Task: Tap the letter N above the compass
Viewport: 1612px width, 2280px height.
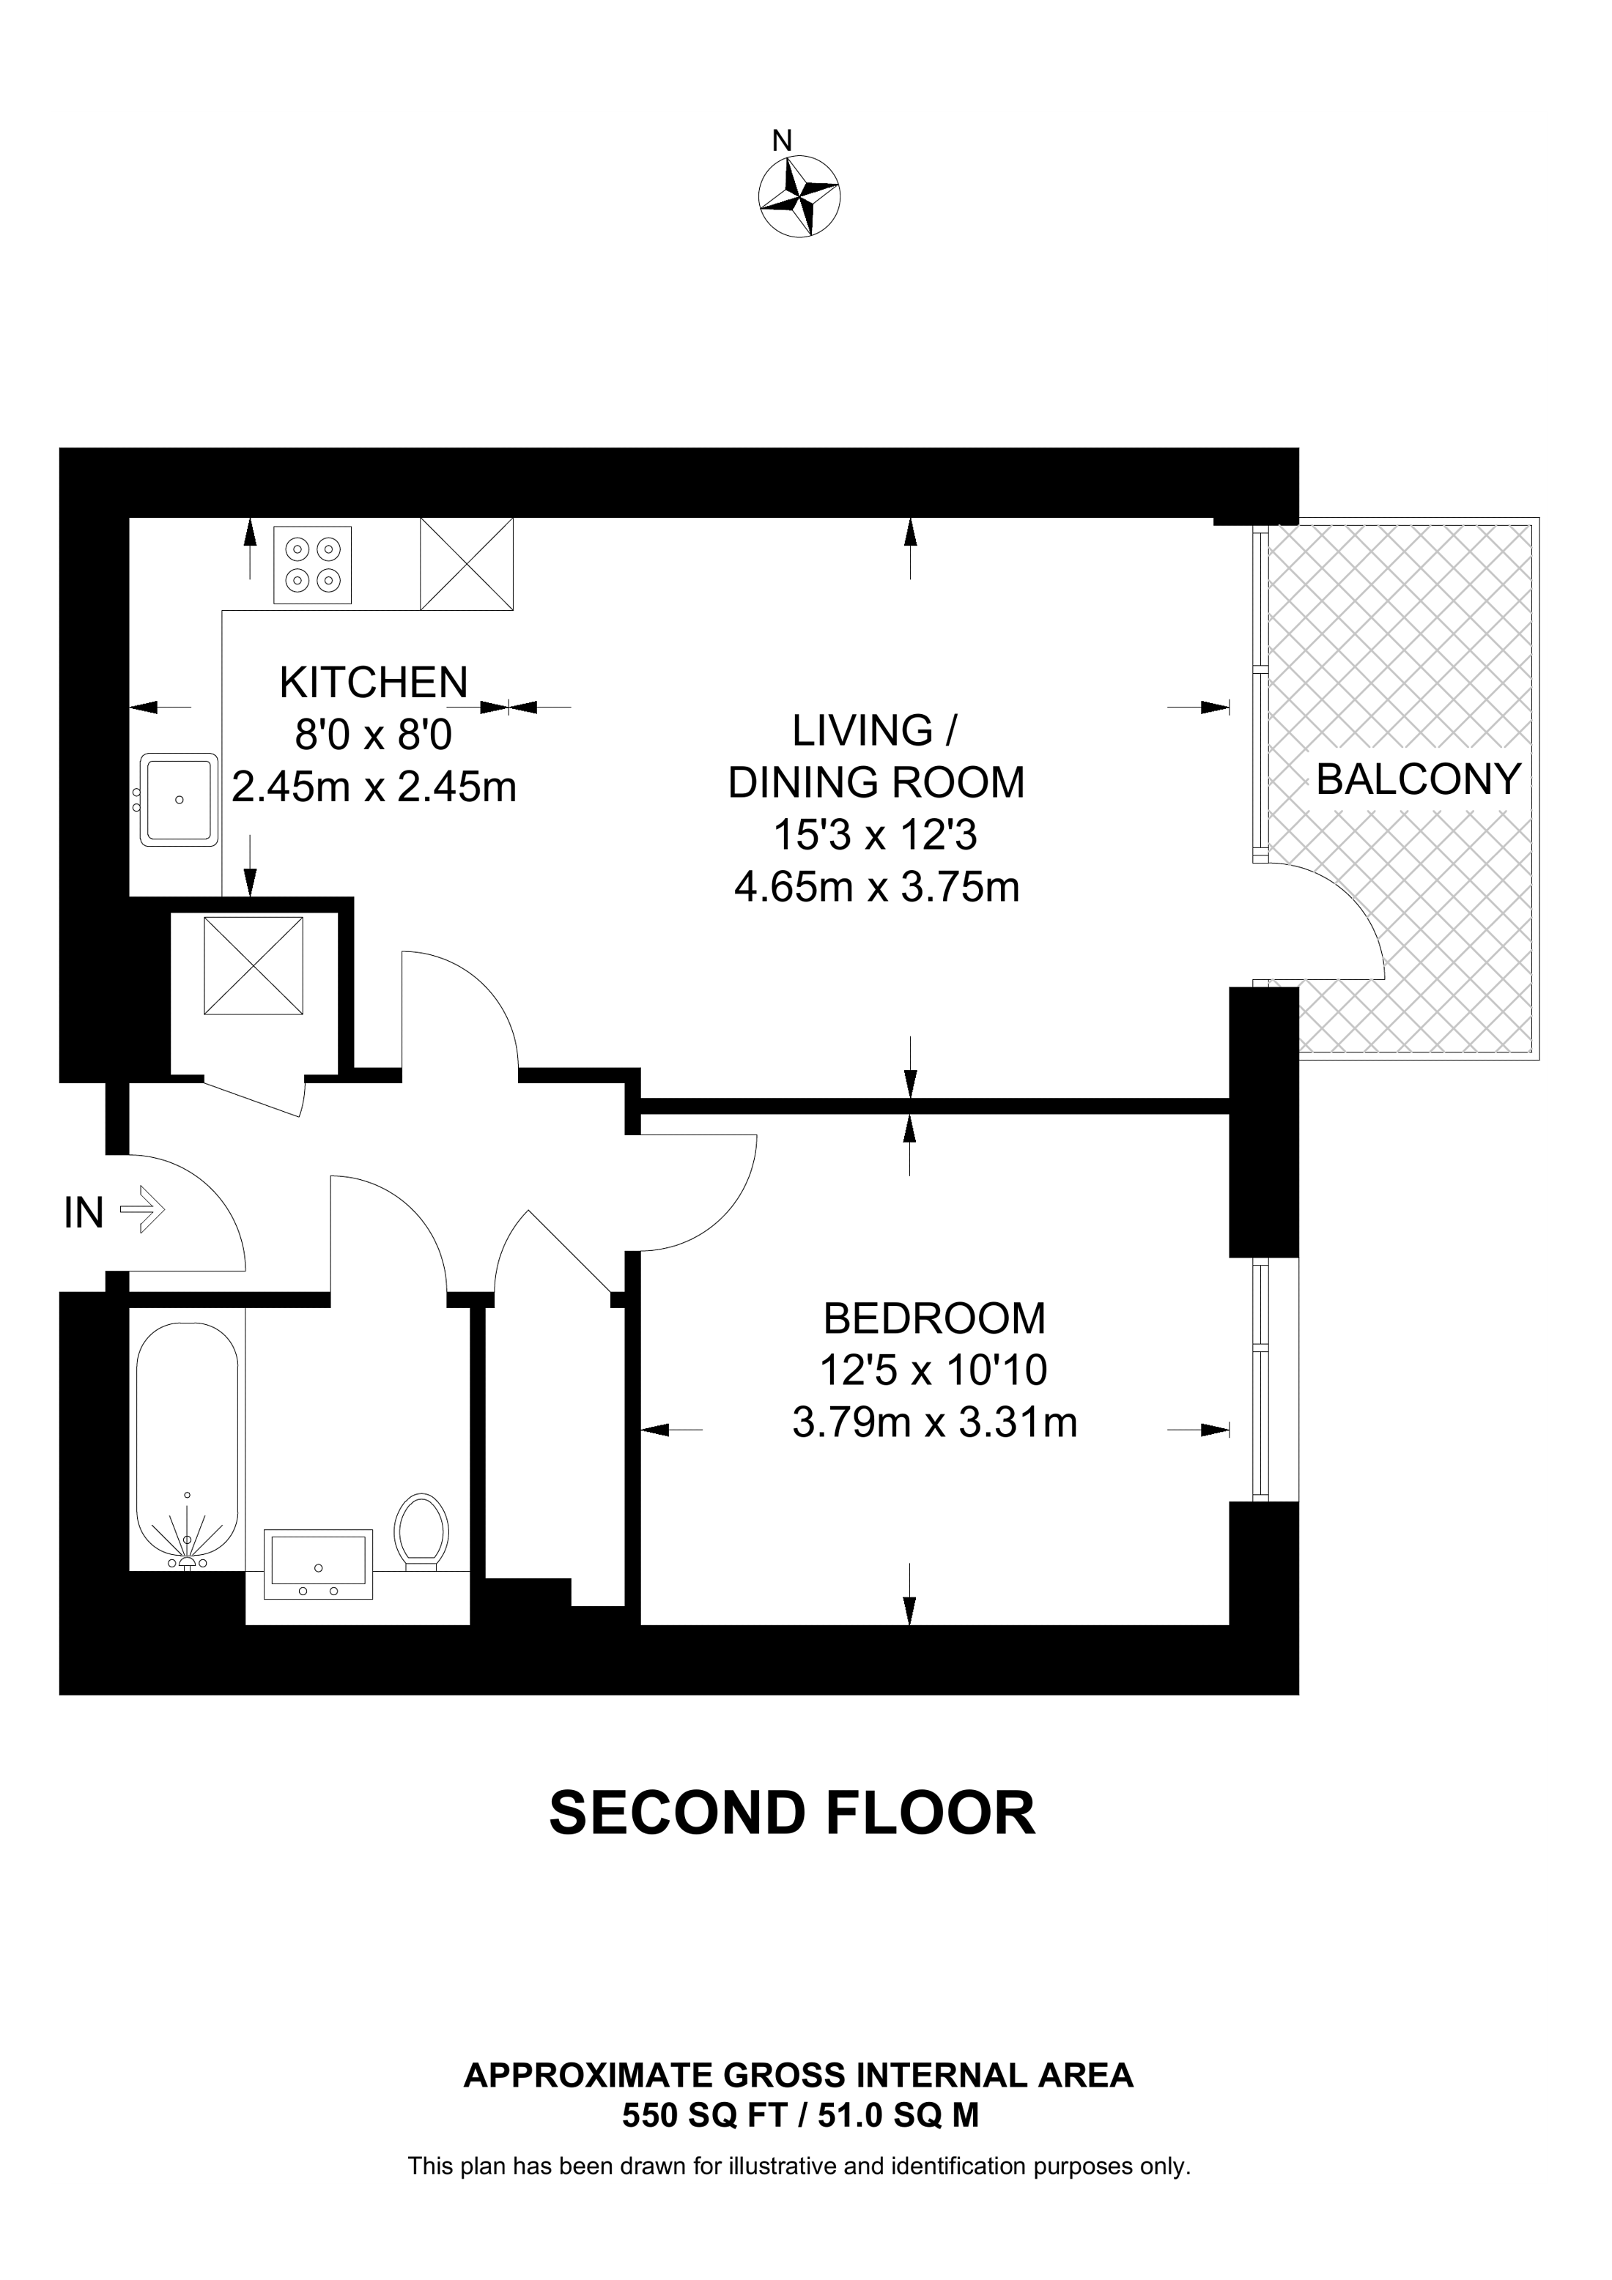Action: (x=783, y=141)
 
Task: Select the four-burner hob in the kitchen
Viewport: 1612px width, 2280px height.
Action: (x=313, y=564)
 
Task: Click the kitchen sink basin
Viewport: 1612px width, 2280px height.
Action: (x=180, y=799)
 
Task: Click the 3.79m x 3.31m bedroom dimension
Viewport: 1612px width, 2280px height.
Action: (x=933, y=1423)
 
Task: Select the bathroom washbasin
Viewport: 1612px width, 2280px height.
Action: (x=318, y=1564)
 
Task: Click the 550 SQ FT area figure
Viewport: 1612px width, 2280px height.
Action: (x=704, y=2116)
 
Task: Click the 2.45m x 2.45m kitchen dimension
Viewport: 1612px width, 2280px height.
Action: (x=374, y=787)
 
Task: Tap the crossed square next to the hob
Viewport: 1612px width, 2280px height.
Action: (x=467, y=564)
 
